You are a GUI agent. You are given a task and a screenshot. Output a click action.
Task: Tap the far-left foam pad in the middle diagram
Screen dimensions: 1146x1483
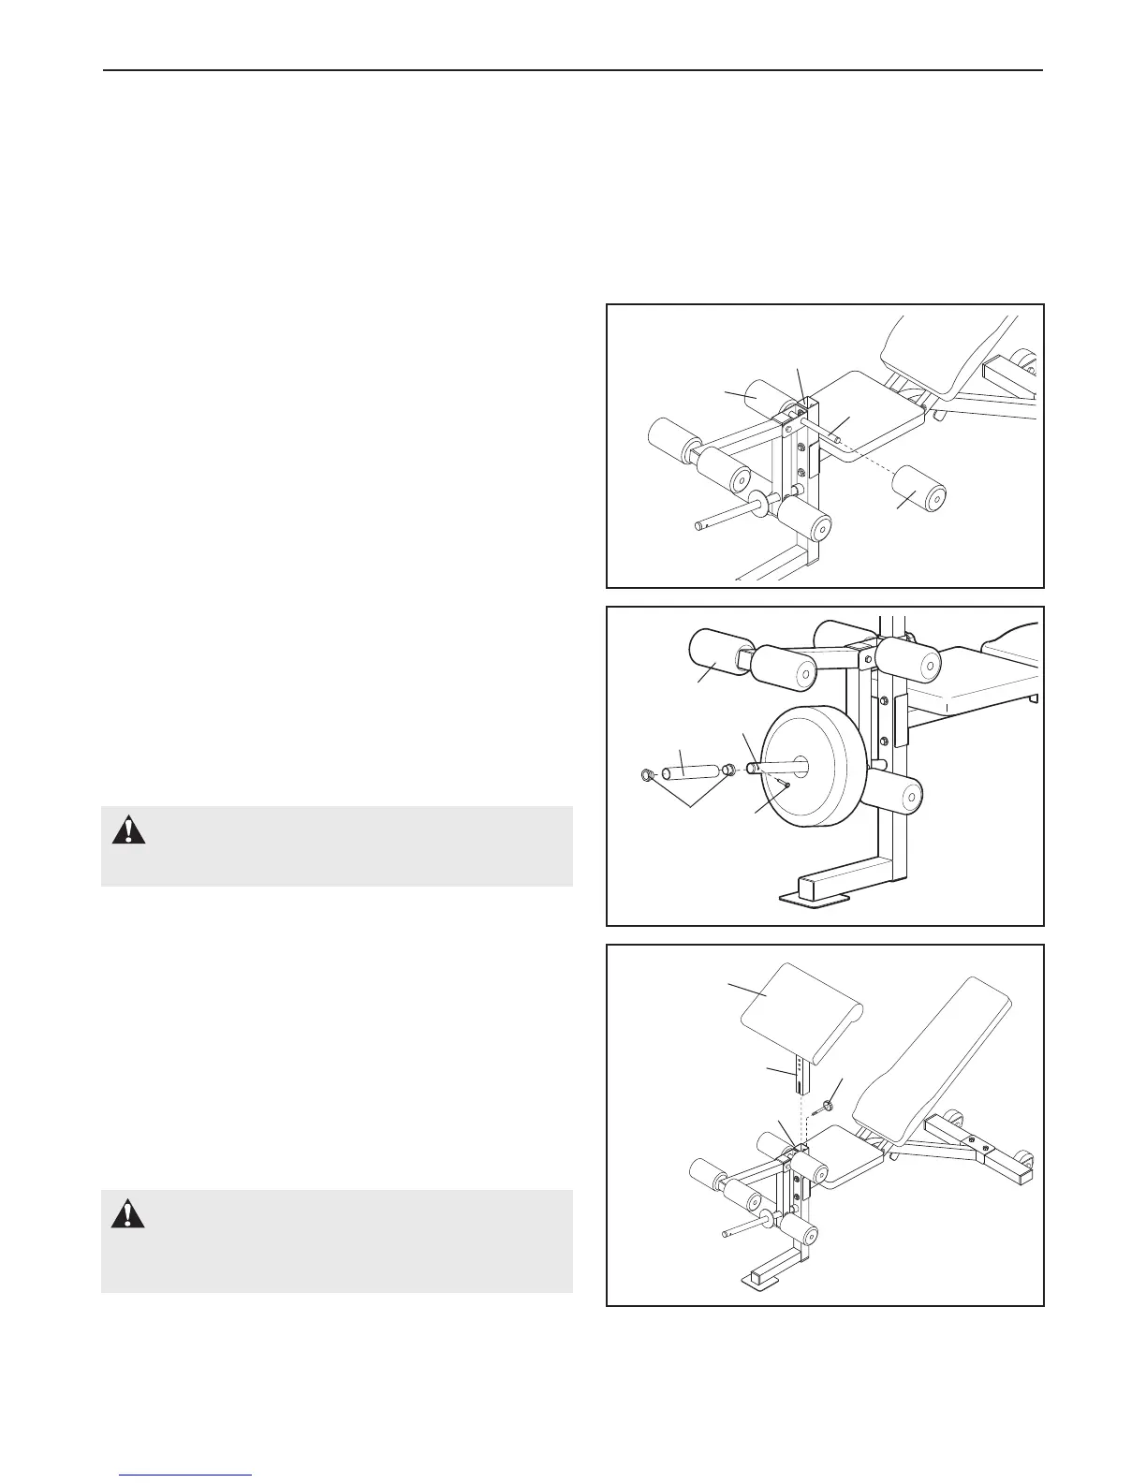[714, 661]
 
